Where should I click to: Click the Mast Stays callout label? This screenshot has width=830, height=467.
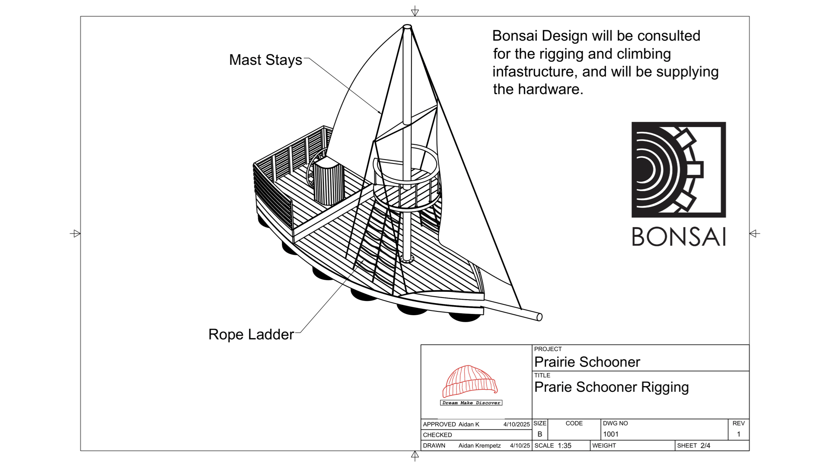pos(265,60)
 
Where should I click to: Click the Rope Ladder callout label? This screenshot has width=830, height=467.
pos(251,334)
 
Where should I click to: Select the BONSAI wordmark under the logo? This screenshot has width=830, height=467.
pos(679,237)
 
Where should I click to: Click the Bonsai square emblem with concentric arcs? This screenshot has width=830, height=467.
pos(678,170)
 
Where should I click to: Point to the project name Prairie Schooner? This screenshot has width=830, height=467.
pos(587,362)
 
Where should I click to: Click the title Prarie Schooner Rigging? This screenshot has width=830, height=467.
pos(611,387)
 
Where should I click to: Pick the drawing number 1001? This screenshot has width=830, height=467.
pos(610,434)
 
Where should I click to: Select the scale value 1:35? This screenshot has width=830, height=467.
pos(564,445)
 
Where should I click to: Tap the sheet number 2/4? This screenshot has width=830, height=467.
pos(705,445)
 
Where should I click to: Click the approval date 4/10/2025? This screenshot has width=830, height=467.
pos(516,424)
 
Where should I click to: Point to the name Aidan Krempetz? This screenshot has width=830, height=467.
pos(479,445)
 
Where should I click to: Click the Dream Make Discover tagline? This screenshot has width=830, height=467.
pos(471,403)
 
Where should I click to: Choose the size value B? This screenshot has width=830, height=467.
pos(539,434)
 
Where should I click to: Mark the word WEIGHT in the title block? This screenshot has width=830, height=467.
pos(604,445)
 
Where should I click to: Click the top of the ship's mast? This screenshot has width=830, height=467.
pos(407,27)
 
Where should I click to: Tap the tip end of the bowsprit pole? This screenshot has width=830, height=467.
pos(539,317)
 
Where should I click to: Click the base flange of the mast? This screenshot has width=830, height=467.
pos(407,259)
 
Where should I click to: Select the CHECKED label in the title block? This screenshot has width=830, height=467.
pos(437,435)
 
